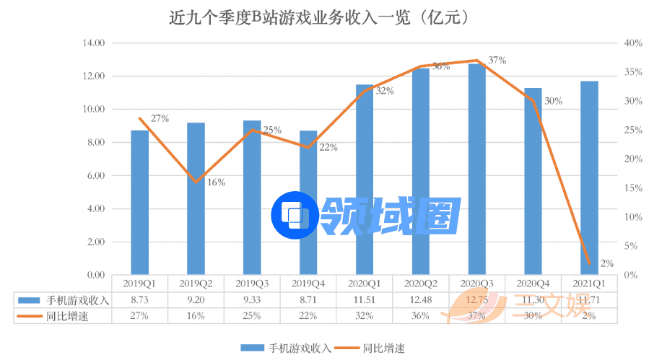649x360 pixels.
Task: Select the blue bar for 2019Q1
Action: (140, 202)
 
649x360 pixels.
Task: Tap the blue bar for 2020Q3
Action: (476, 170)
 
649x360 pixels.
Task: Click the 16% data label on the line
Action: (216, 183)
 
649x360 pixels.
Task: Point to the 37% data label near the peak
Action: (497, 61)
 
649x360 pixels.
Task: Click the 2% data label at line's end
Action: (606, 264)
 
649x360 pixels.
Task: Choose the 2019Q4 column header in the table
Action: (308, 284)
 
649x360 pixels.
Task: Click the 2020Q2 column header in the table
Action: (421, 284)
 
